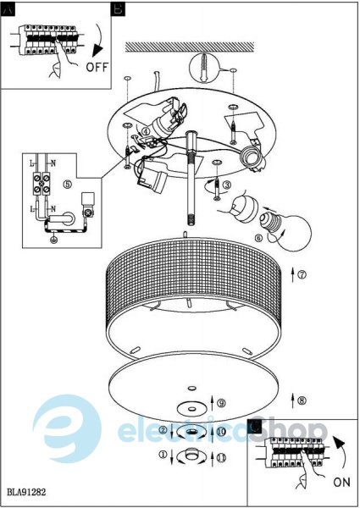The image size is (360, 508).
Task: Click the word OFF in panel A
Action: tap(97, 67)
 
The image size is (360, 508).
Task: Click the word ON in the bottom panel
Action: tap(341, 482)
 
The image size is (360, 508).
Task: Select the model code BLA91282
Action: tap(26, 493)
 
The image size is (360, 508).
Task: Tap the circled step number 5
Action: tap(68, 184)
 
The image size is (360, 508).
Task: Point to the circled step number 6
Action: tap(259, 238)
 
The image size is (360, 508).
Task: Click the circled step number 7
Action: tap(302, 274)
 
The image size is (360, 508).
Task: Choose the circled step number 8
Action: tap(302, 400)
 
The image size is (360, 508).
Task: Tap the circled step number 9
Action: tap(221, 403)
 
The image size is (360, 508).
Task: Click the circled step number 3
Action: tap(228, 185)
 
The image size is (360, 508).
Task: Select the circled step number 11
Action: tap(221, 458)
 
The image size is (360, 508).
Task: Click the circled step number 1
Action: tap(163, 455)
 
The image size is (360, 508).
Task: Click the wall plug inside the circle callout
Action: tap(204, 68)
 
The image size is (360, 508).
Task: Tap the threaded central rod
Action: tap(191, 178)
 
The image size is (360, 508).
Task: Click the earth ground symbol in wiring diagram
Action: tap(54, 240)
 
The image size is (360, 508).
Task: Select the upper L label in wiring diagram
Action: tap(31, 164)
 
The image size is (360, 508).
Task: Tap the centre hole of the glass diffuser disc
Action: tap(191, 388)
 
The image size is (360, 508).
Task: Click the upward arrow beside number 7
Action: tap(292, 274)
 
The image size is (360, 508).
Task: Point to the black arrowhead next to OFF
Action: tap(97, 51)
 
